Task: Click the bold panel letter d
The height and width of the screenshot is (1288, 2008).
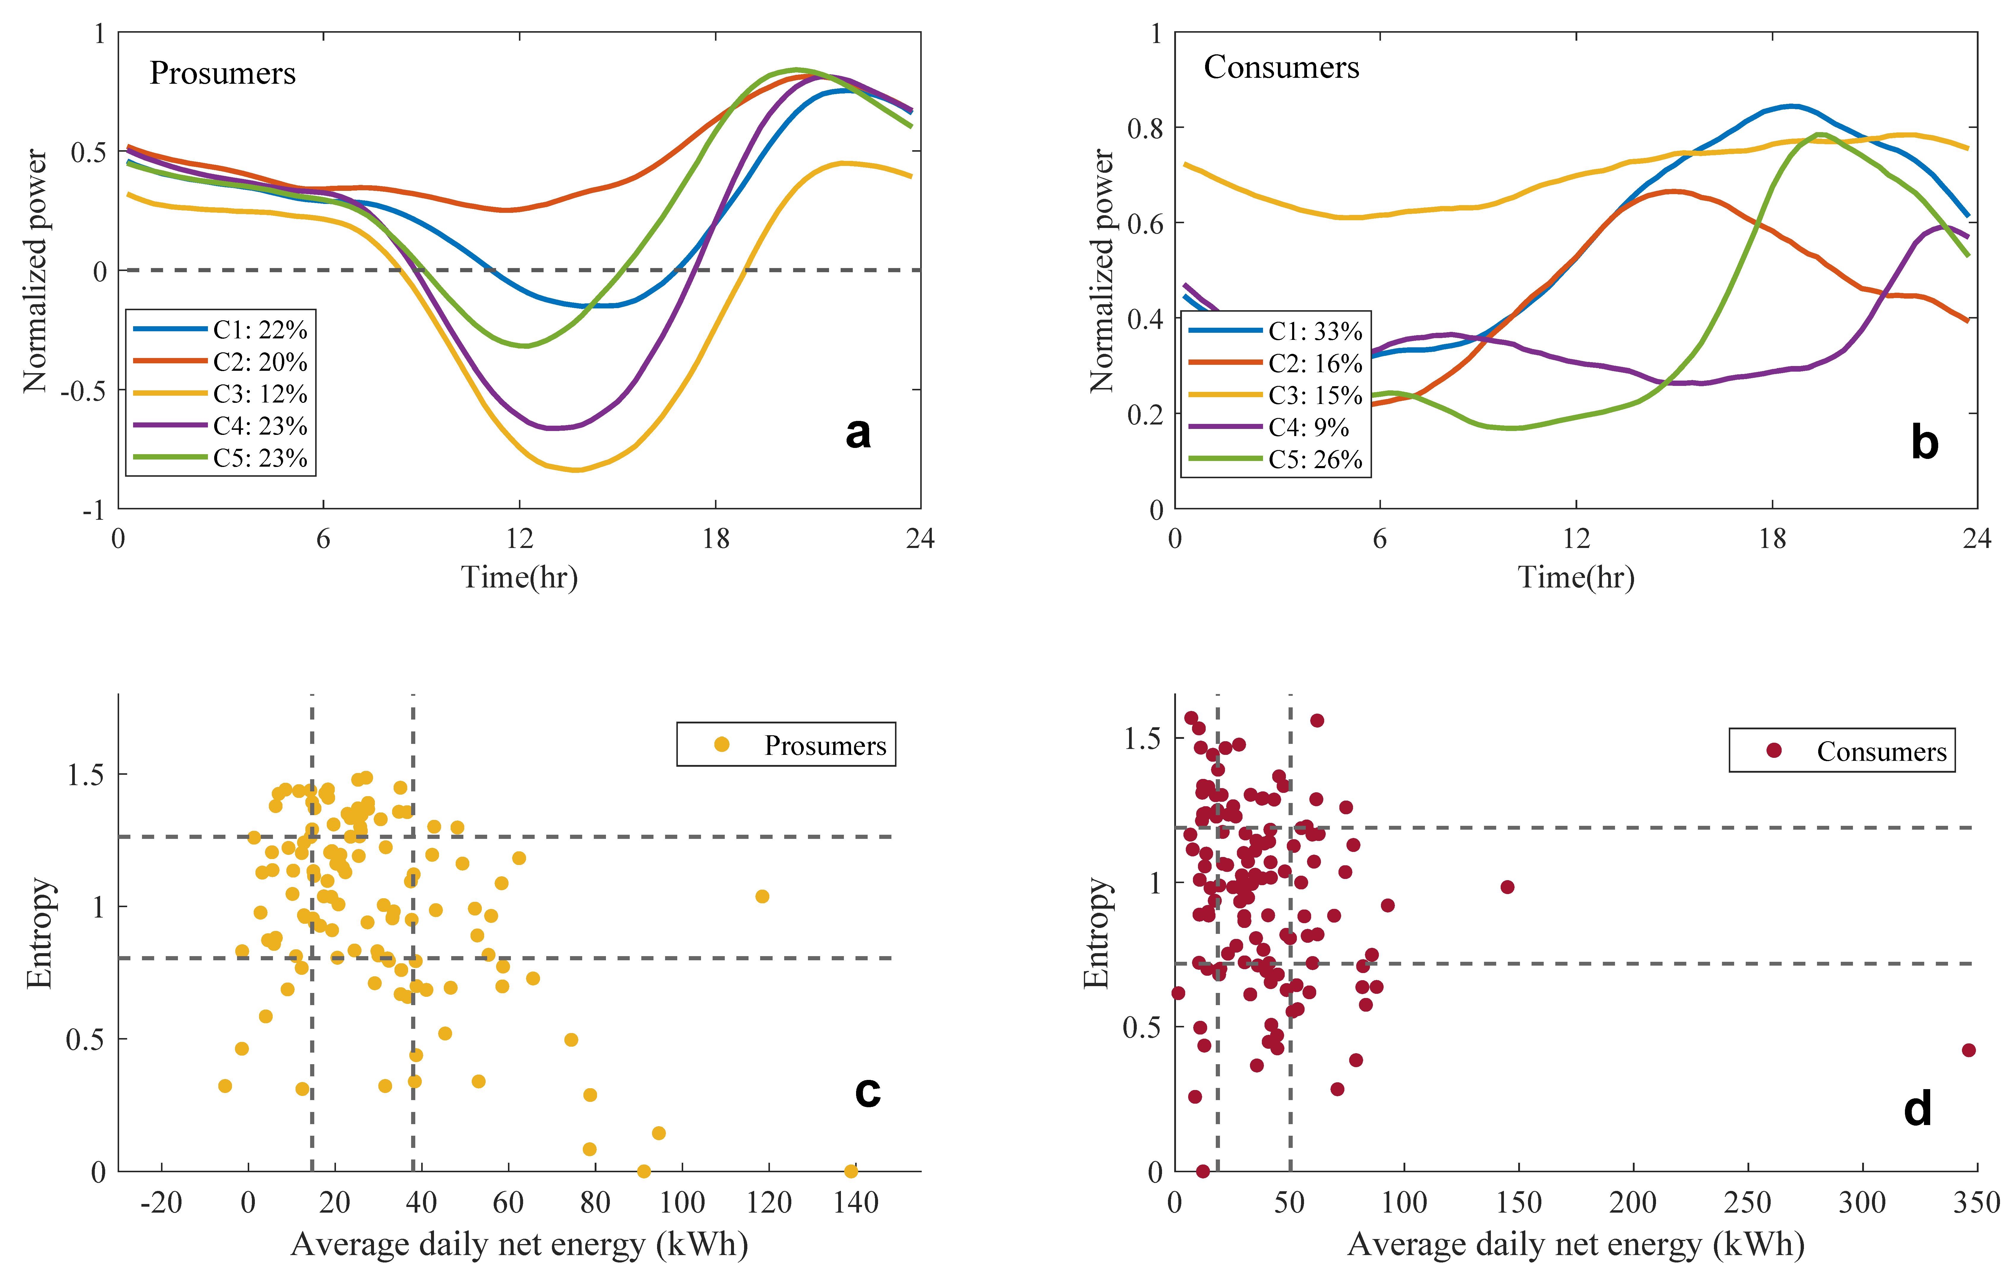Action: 1917,1109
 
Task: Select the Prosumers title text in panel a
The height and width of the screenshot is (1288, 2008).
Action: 222,74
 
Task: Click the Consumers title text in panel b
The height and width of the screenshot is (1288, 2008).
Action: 1281,68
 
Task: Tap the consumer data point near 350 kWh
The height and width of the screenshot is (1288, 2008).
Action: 1968,1050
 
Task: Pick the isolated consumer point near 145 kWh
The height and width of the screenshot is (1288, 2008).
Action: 1507,887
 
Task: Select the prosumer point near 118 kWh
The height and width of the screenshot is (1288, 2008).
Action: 761,896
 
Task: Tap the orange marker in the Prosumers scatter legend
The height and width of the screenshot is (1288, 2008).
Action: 721,744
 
